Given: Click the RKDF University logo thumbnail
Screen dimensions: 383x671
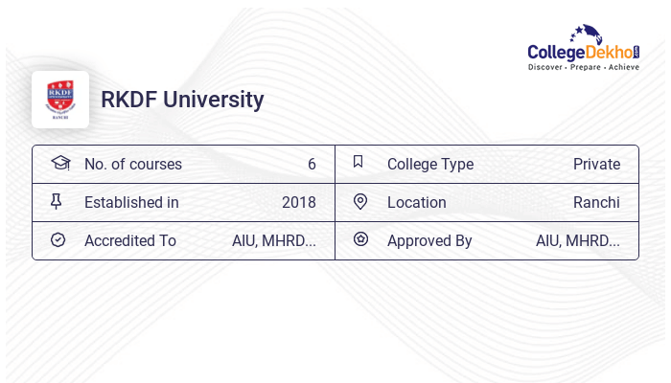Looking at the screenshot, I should pyautogui.click(x=60, y=100).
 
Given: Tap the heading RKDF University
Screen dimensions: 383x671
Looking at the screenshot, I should pyautogui.click(x=182, y=100).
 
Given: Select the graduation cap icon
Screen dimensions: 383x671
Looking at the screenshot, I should pyautogui.click(x=59, y=163).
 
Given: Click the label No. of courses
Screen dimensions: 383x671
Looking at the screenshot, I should pyautogui.click(x=133, y=164).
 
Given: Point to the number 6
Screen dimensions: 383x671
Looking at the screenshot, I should pyautogui.click(x=312, y=164).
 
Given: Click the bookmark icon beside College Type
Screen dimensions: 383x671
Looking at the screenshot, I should pyautogui.click(x=359, y=163).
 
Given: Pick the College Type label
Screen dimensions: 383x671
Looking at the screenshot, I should pyautogui.click(x=430, y=164).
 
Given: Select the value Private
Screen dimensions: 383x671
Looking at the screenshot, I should pyautogui.click(x=596, y=164).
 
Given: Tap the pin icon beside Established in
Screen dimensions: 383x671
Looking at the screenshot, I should pyautogui.click(x=57, y=201).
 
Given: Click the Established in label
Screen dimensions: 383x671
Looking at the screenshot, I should pyautogui.click(x=131, y=202).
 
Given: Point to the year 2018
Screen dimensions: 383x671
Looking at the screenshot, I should pyautogui.click(x=299, y=202).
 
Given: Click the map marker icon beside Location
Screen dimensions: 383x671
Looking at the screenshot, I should pyautogui.click(x=360, y=201).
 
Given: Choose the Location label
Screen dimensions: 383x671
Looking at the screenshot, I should pyautogui.click(x=417, y=202).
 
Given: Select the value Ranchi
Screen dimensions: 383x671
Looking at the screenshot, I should pyautogui.click(x=596, y=202).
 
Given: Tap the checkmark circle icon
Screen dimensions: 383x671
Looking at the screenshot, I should pyautogui.click(x=58, y=239).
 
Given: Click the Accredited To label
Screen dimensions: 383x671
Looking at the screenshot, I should pyautogui.click(x=130, y=240).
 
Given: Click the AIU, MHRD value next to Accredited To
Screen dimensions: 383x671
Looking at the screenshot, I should pyautogui.click(x=274, y=240).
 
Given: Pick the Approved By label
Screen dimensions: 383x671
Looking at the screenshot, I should pyautogui.click(x=429, y=240).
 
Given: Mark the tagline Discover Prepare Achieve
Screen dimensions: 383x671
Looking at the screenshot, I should pyautogui.click(x=583, y=67).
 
